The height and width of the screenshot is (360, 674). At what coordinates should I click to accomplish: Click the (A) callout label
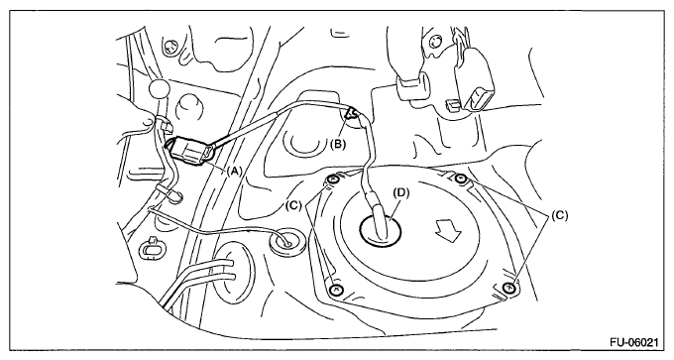click(234, 172)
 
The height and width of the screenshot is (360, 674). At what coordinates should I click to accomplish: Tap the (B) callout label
click(338, 144)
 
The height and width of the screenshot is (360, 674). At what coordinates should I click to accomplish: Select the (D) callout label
click(401, 193)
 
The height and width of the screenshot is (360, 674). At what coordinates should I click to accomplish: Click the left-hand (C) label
click(293, 205)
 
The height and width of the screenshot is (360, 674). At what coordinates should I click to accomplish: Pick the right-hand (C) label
click(559, 215)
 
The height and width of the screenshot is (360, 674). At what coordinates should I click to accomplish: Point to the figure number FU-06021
click(633, 342)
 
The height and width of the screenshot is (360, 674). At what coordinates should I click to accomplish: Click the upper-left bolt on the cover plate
click(332, 180)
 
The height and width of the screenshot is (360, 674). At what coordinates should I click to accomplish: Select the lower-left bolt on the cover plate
click(336, 290)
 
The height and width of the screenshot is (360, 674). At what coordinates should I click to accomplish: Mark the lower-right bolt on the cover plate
click(510, 288)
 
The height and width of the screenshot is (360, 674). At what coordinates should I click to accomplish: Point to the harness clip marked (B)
click(352, 113)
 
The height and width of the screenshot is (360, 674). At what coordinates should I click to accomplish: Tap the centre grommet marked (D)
click(380, 230)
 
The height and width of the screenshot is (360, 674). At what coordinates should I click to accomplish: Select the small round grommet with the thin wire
click(286, 241)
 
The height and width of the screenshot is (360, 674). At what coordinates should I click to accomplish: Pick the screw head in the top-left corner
click(171, 46)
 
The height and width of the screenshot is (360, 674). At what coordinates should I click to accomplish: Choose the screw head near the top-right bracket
click(435, 41)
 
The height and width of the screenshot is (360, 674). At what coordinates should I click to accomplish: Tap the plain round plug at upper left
click(160, 88)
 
